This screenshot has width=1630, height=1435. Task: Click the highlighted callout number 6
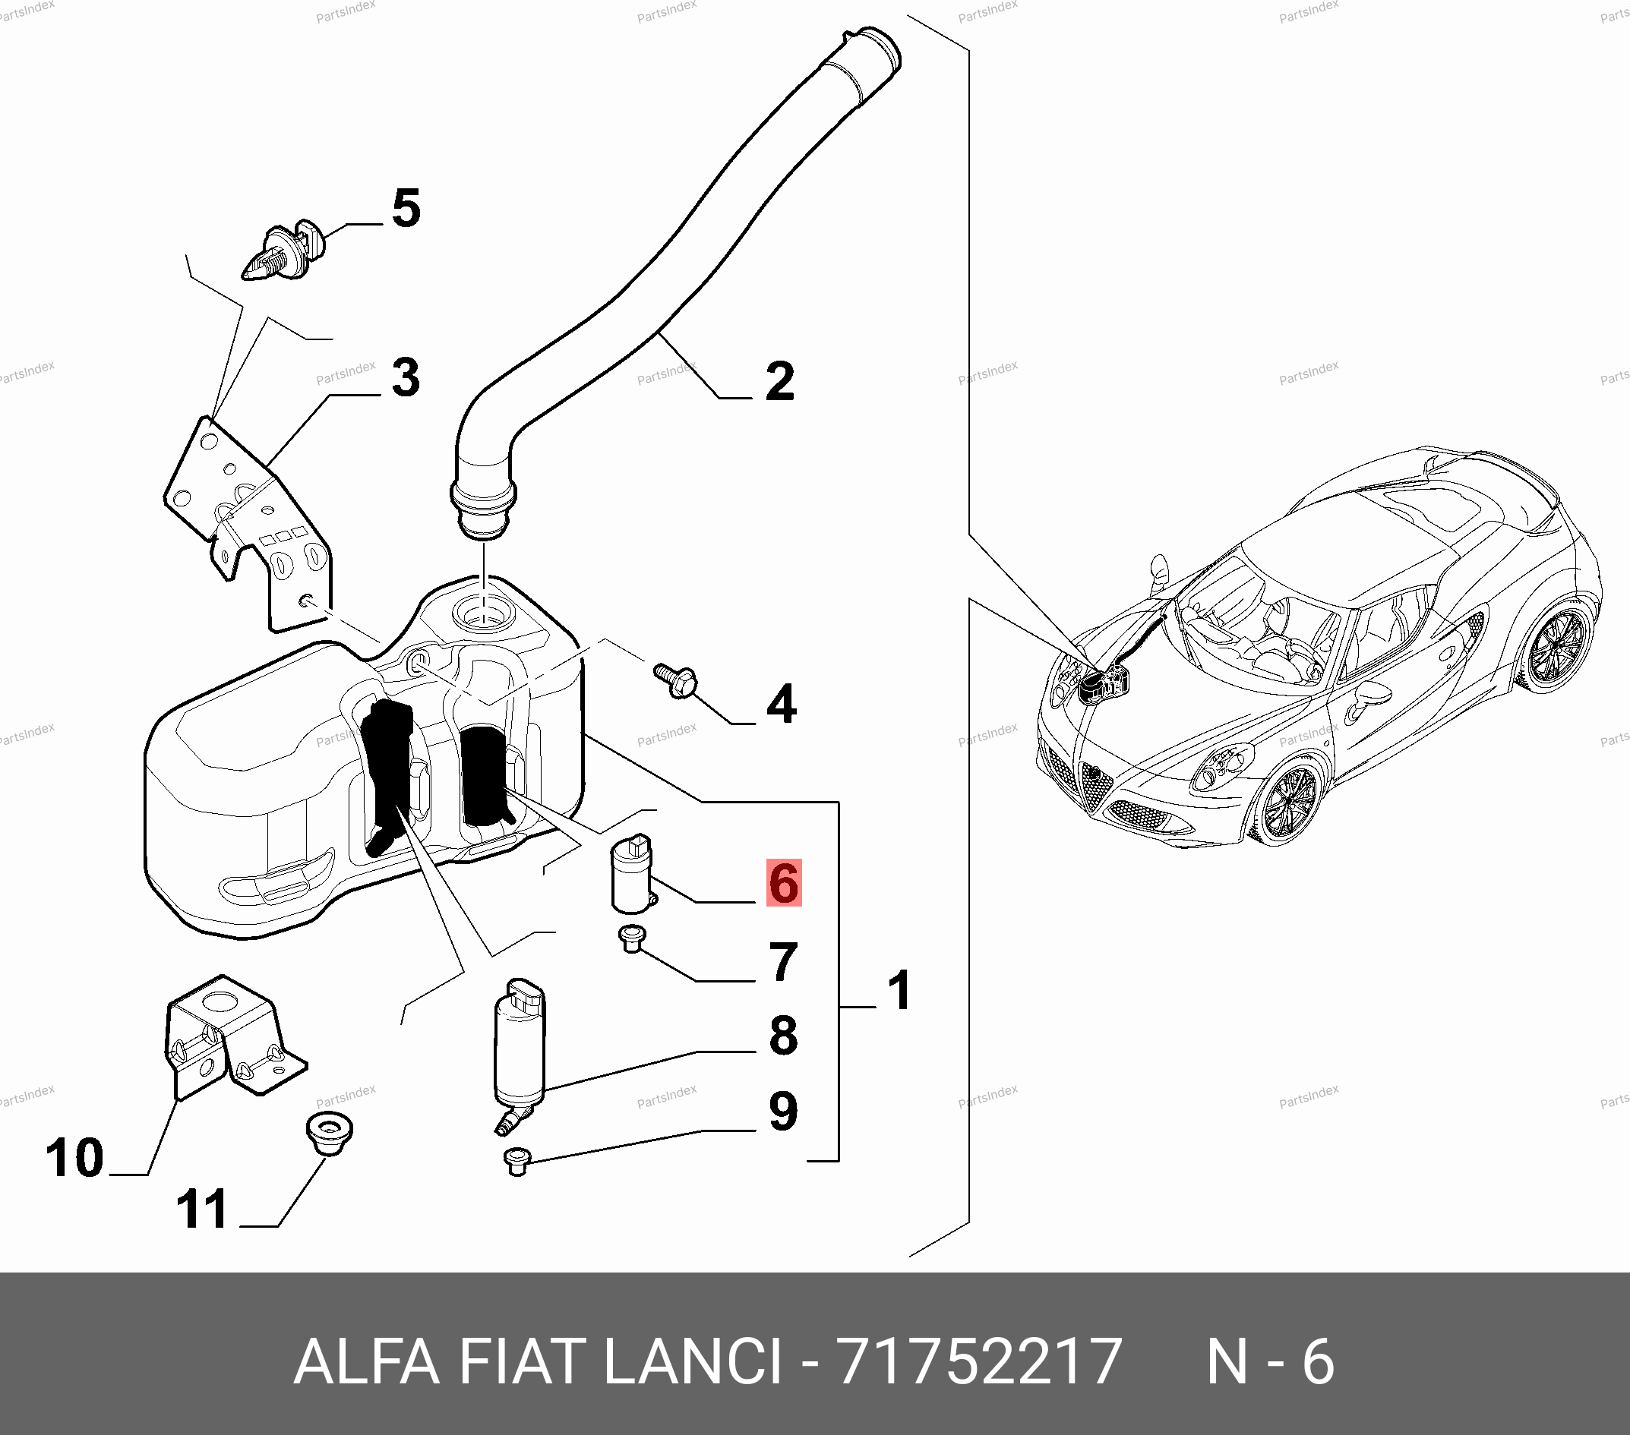coord(784,882)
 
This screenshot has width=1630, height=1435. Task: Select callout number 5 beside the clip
coord(406,208)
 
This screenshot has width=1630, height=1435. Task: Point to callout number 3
coord(406,377)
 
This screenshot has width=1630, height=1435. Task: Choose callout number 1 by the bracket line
coord(899,990)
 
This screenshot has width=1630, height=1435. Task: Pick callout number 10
coord(74,1158)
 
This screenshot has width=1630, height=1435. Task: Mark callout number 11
coord(201,1209)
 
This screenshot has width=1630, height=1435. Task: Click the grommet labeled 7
coord(633,939)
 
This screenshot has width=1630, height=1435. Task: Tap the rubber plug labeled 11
coord(330,1132)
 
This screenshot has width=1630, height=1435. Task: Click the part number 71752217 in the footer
coord(980,1361)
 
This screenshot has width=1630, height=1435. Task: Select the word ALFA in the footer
coord(367,1361)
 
